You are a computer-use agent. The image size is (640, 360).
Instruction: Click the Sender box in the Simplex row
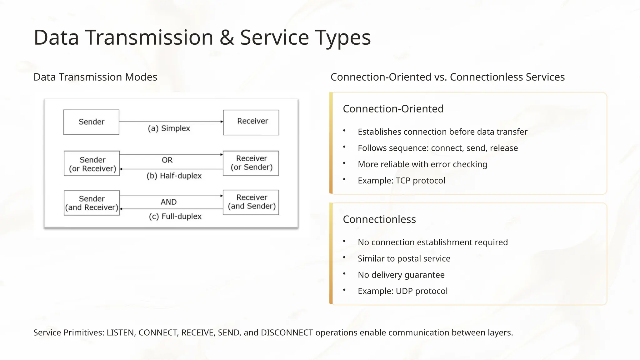click(91, 122)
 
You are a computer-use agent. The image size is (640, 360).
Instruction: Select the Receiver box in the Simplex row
click(251, 122)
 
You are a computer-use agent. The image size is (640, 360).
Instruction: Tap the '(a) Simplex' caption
click(169, 128)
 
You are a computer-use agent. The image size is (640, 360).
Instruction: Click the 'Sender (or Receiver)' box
click(92, 164)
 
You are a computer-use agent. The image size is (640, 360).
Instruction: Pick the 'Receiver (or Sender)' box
click(251, 163)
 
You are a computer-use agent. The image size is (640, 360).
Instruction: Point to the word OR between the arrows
click(167, 160)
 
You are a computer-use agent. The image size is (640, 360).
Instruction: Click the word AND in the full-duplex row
click(169, 202)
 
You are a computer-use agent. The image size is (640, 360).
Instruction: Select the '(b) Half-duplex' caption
click(174, 176)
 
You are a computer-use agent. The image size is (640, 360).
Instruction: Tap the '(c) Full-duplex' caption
click(175, 217)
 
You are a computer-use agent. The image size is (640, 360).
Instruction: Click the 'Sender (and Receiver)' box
click(92, 203)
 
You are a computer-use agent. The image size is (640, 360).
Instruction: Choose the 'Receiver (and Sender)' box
click(251, 202)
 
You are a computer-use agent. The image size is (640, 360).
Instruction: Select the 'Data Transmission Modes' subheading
click(95, 77)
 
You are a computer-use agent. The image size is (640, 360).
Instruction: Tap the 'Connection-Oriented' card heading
click(393, 109)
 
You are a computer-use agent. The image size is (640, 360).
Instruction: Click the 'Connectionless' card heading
click(379, 219)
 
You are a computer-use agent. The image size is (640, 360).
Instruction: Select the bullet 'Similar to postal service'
click(404, 259)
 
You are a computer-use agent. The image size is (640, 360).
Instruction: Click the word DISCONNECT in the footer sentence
click(287, 333)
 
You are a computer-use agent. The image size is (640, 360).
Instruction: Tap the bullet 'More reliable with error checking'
click(422, 164)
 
